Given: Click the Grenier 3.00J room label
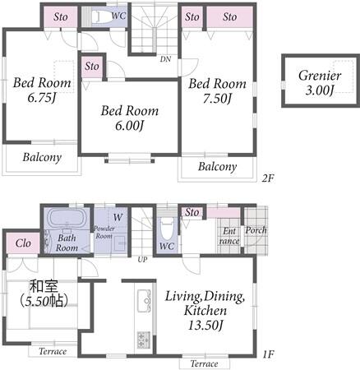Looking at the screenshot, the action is click(x=320, y=83).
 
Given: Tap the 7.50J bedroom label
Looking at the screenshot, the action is click(x=217, y=91).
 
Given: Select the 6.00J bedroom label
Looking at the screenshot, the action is click(x=130, y=118).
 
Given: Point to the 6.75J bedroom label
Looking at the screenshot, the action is click(x=42, y=90).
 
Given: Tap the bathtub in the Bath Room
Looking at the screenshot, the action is click(x=66, y=218).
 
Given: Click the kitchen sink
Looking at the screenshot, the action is click(x=145, y=301).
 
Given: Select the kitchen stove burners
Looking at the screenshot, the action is click(x=143, y=340).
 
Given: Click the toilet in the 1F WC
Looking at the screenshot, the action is click(x=166, y=229).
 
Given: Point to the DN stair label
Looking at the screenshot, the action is click(x=165, y=59).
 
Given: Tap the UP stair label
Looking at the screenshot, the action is click(x=142, y=259).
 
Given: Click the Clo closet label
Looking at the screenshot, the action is click(x=23, y=243).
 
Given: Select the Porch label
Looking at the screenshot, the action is click(x=256, y=230).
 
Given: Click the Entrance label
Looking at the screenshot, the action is click(x=229, y=236).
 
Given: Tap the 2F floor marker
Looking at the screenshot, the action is click(x=268, y=178).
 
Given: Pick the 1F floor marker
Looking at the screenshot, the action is click(x=268, y=354).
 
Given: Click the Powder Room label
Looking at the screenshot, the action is click(x=104, y=232).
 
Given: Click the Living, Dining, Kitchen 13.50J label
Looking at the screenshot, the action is click(x=205, y=311).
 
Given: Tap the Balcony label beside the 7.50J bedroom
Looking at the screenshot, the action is click(x=217, y=166).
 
